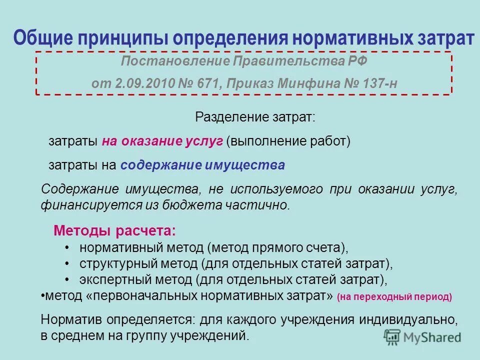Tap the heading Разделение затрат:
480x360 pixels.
tap(255, 118)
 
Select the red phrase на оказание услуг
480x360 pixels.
tap(162, 141)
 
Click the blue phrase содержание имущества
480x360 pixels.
tap(202, 165)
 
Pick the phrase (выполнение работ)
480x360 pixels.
tap(288, 141)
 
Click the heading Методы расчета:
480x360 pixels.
tap(114, 231)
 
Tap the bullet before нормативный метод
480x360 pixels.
tap(67, 248)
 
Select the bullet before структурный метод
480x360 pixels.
tap(67, 263)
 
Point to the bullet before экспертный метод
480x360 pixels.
tap(67, 278)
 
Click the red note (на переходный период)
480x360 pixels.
tap(394, 297)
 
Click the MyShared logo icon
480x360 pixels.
tap(392, 336)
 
